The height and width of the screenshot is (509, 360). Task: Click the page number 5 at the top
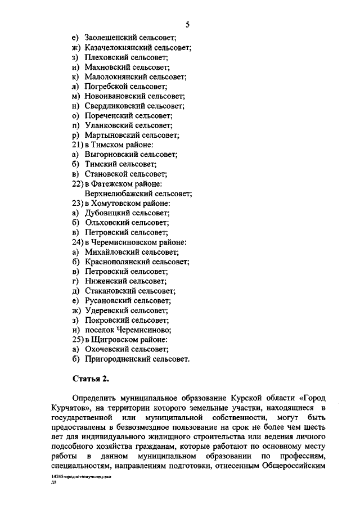pos(188,23)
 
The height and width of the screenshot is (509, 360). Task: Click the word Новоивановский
pos(115,96)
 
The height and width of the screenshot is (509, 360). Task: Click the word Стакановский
pos(111,290)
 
